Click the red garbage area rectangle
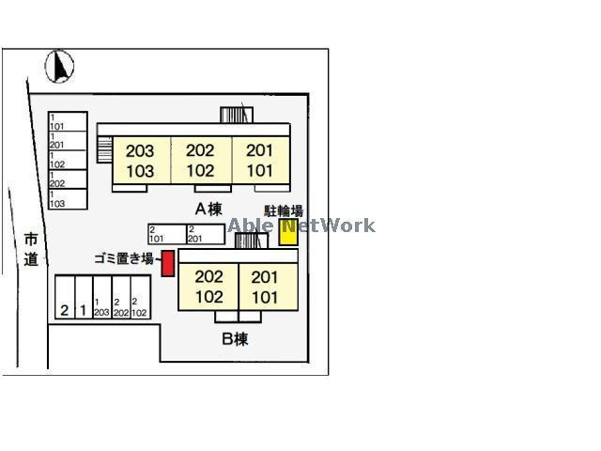click(x=167, y=263)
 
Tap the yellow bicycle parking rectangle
click(x=287, y=232)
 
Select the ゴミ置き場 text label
click(x=123, y=257)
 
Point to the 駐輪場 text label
click(x=284, y=211)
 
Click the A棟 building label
click(x=208, y=209)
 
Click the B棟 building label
click(x=235, y=339)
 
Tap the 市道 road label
click(x=31, y=248)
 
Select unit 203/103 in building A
click(x=140, y=161)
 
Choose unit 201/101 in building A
click(x=259, y=161)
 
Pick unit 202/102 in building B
click(x=208, y=287)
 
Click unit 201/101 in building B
click(x=266, y=287)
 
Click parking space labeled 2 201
click(x=205, y=234)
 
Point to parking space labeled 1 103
click(x=67, y=200)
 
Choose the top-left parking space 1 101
click(x=67, y=122)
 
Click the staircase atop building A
click(x=237, y=115)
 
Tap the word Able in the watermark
click(x=249, y=225)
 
